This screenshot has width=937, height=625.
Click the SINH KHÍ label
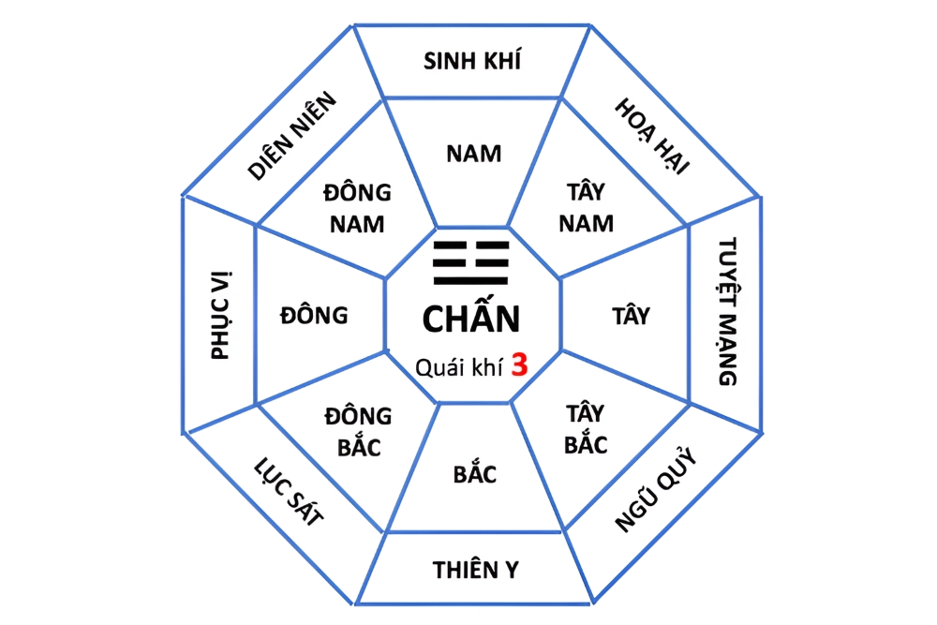click(472, 62)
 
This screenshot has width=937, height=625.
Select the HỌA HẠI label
click(652, 136)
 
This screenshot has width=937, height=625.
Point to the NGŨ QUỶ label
click(657, 490)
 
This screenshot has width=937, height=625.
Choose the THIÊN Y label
click(476, 569)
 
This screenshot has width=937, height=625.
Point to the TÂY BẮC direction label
click(587, 428)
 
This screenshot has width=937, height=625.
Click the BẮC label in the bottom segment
click(475, 474)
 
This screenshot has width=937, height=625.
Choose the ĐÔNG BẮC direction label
click(358, 432)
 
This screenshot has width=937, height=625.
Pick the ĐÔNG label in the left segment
click(314, 316)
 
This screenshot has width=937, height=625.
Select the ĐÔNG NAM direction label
click(358, 208)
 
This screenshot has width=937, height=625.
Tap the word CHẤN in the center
click(470, 320)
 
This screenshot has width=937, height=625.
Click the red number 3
click(519, 365)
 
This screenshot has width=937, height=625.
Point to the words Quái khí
click(458, 366)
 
